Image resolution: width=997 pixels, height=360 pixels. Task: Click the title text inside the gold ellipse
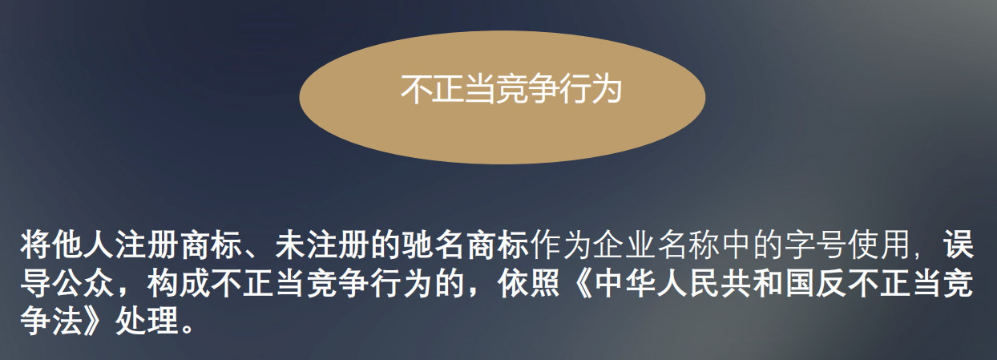tap(511, 90)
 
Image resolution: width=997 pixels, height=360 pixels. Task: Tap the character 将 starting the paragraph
tap(35, 245)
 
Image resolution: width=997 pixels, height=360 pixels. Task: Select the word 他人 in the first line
tap(83, 245)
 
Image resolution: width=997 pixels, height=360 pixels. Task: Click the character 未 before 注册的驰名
tap(291, 245)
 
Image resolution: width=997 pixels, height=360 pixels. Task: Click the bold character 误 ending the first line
tap(959, 245)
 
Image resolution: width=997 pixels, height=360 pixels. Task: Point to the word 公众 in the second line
tap(83, 283)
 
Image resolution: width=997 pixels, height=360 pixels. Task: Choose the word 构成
tap(179, 283)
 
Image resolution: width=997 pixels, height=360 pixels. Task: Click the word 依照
tap(529, 283)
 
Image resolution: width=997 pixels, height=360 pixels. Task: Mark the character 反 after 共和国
tap(833, 283)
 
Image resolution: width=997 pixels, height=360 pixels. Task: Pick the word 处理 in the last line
tap(147, 321)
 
